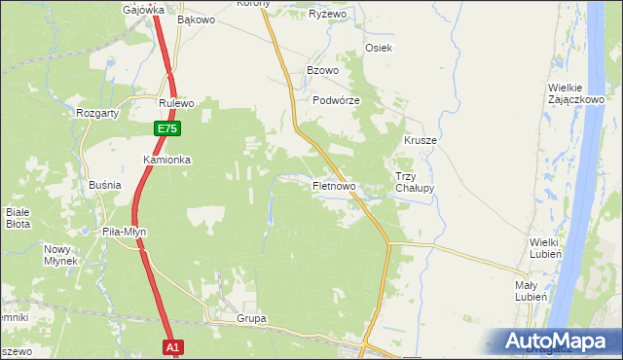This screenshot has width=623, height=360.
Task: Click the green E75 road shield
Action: (x=166, y=128)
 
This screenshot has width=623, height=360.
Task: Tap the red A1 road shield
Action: (x=172, y=346)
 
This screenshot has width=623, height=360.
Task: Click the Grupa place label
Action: (x=251, y=318)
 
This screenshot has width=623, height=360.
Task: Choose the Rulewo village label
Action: (x=178, y=103)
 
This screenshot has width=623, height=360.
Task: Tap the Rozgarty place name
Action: (x=97, y=113)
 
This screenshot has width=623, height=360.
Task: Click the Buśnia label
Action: (x=104, y=184)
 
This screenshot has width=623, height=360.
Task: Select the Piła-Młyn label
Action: (x=124, y=232)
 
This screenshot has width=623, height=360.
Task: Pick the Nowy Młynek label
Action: (x=60, y=254)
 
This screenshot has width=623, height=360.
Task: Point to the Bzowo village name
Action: (x=322, y=71)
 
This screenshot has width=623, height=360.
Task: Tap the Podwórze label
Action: (x=337, y=101)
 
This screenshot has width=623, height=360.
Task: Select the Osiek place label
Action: (x=378, y=49)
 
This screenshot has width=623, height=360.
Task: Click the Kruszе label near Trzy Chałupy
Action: (x=421, y=140)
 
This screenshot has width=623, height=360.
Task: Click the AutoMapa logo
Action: (x=559, y=341)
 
